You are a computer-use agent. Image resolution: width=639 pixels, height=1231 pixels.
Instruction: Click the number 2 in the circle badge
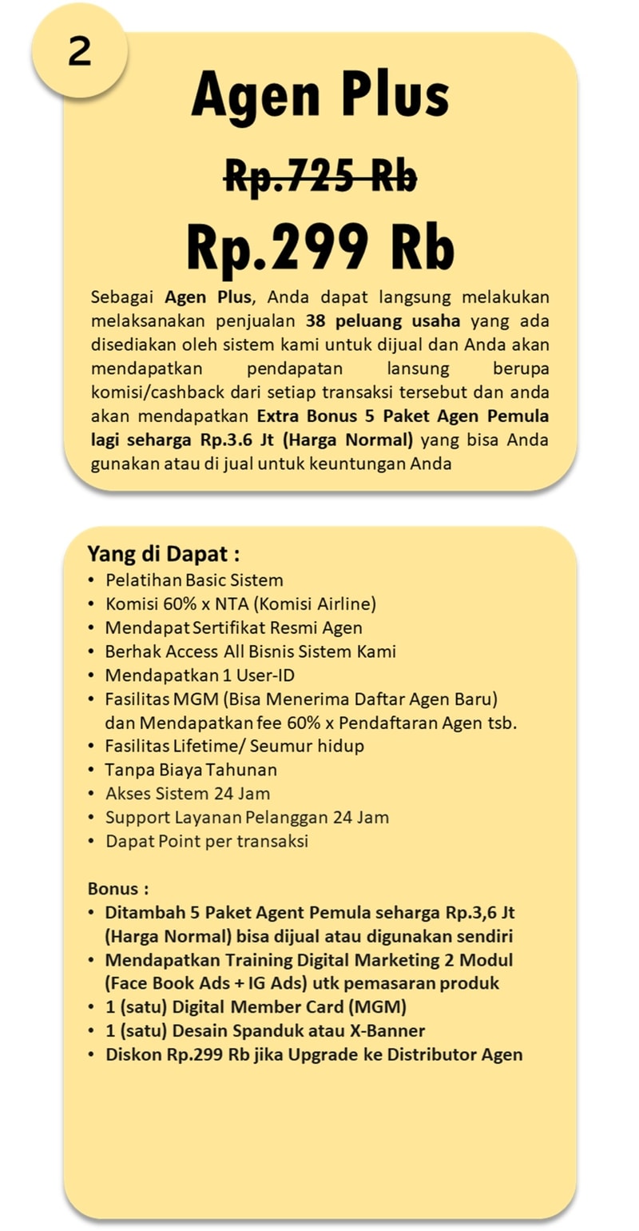[79, 53]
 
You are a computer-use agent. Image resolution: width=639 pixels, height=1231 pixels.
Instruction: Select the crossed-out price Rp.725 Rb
[320, 175]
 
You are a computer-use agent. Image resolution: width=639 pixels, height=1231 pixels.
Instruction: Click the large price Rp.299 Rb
[320, 245]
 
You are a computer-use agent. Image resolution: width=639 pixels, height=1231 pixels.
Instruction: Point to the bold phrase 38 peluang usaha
[383, 321]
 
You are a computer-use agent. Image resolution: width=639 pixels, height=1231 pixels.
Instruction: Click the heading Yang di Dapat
[163, 554]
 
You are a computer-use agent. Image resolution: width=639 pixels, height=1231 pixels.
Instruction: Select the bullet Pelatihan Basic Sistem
[194, 580]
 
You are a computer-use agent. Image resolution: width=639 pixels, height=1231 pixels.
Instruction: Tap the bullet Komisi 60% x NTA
[240, 604]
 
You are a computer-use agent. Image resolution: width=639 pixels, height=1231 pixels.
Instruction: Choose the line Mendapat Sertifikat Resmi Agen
[233, 627]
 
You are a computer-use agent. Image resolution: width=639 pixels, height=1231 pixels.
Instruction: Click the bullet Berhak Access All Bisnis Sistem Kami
[250, 651]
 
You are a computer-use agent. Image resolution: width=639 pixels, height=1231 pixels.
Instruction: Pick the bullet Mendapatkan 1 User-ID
[200, 675]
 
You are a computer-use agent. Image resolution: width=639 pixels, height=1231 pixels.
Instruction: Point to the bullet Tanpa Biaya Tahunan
[191, 770]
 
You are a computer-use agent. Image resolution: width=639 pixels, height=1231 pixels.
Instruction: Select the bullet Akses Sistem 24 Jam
[188, 794]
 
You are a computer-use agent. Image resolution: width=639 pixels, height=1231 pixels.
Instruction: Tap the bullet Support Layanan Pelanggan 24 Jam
[247, 817]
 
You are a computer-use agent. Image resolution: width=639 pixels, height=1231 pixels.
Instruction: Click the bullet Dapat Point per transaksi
[207, 841]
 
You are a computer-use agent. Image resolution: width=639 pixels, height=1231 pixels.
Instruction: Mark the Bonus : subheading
[117, 888]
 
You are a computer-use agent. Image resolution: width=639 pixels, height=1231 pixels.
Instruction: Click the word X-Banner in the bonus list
[385, 1030]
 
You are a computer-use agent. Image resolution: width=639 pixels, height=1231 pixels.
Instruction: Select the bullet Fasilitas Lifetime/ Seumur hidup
[234, 746]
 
